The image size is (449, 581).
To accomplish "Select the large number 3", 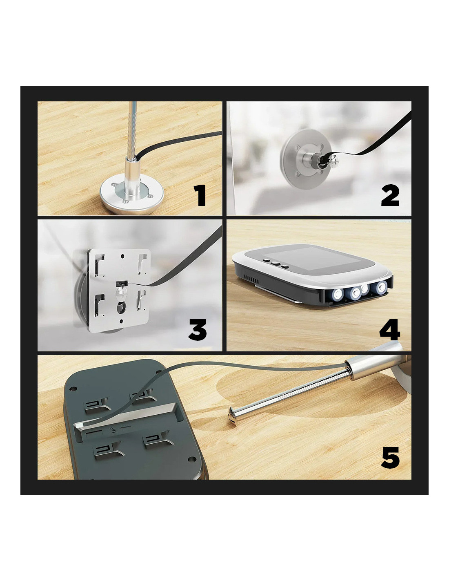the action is point(198,329).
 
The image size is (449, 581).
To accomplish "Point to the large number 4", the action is point(390,329).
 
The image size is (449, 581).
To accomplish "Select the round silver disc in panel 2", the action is point(303,159).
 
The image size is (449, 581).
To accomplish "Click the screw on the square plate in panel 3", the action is point(120,293).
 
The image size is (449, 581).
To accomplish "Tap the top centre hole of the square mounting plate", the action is point(122,256).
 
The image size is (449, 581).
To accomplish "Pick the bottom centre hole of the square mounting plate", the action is point(122,321).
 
